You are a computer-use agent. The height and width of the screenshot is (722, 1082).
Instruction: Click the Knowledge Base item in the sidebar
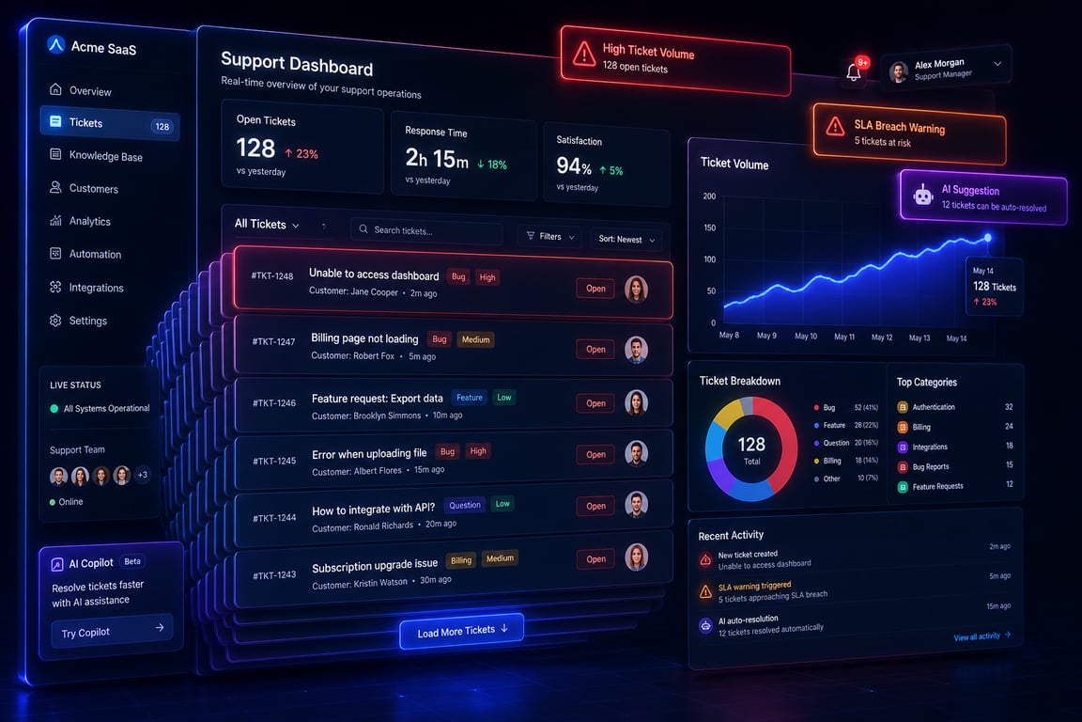tap(97, 155)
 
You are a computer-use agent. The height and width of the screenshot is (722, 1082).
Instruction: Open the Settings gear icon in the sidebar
tap(56, 320)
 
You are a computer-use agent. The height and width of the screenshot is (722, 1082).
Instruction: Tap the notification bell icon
tap(854, 71)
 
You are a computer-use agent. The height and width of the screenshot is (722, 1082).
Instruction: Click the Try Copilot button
tap(111, 631)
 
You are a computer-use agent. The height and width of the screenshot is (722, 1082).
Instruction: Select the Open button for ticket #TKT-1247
tap(595, 349)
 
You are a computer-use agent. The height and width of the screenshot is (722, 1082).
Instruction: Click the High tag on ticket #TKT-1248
tap(487, 277)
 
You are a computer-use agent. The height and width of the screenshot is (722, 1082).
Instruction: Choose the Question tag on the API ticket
tap(464, 505)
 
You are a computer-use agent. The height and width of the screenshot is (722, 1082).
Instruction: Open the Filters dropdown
tap(550, 236)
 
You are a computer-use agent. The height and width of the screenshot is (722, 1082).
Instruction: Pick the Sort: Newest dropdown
tap(626, 239)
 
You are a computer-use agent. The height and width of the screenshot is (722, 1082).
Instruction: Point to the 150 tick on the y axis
tap(709, 228)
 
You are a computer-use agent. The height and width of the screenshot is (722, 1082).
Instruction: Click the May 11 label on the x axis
tap(844, 337)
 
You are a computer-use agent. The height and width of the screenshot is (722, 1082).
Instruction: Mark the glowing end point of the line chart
tap(987, 238)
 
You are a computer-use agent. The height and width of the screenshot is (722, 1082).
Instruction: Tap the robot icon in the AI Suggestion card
tap(922, 196)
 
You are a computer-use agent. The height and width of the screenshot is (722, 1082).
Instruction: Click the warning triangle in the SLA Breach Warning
tap(835, 126)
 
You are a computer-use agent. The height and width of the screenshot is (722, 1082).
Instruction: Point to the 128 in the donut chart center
tap(751, 445)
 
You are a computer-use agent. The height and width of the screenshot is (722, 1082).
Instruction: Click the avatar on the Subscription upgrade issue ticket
tap(636, 557)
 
